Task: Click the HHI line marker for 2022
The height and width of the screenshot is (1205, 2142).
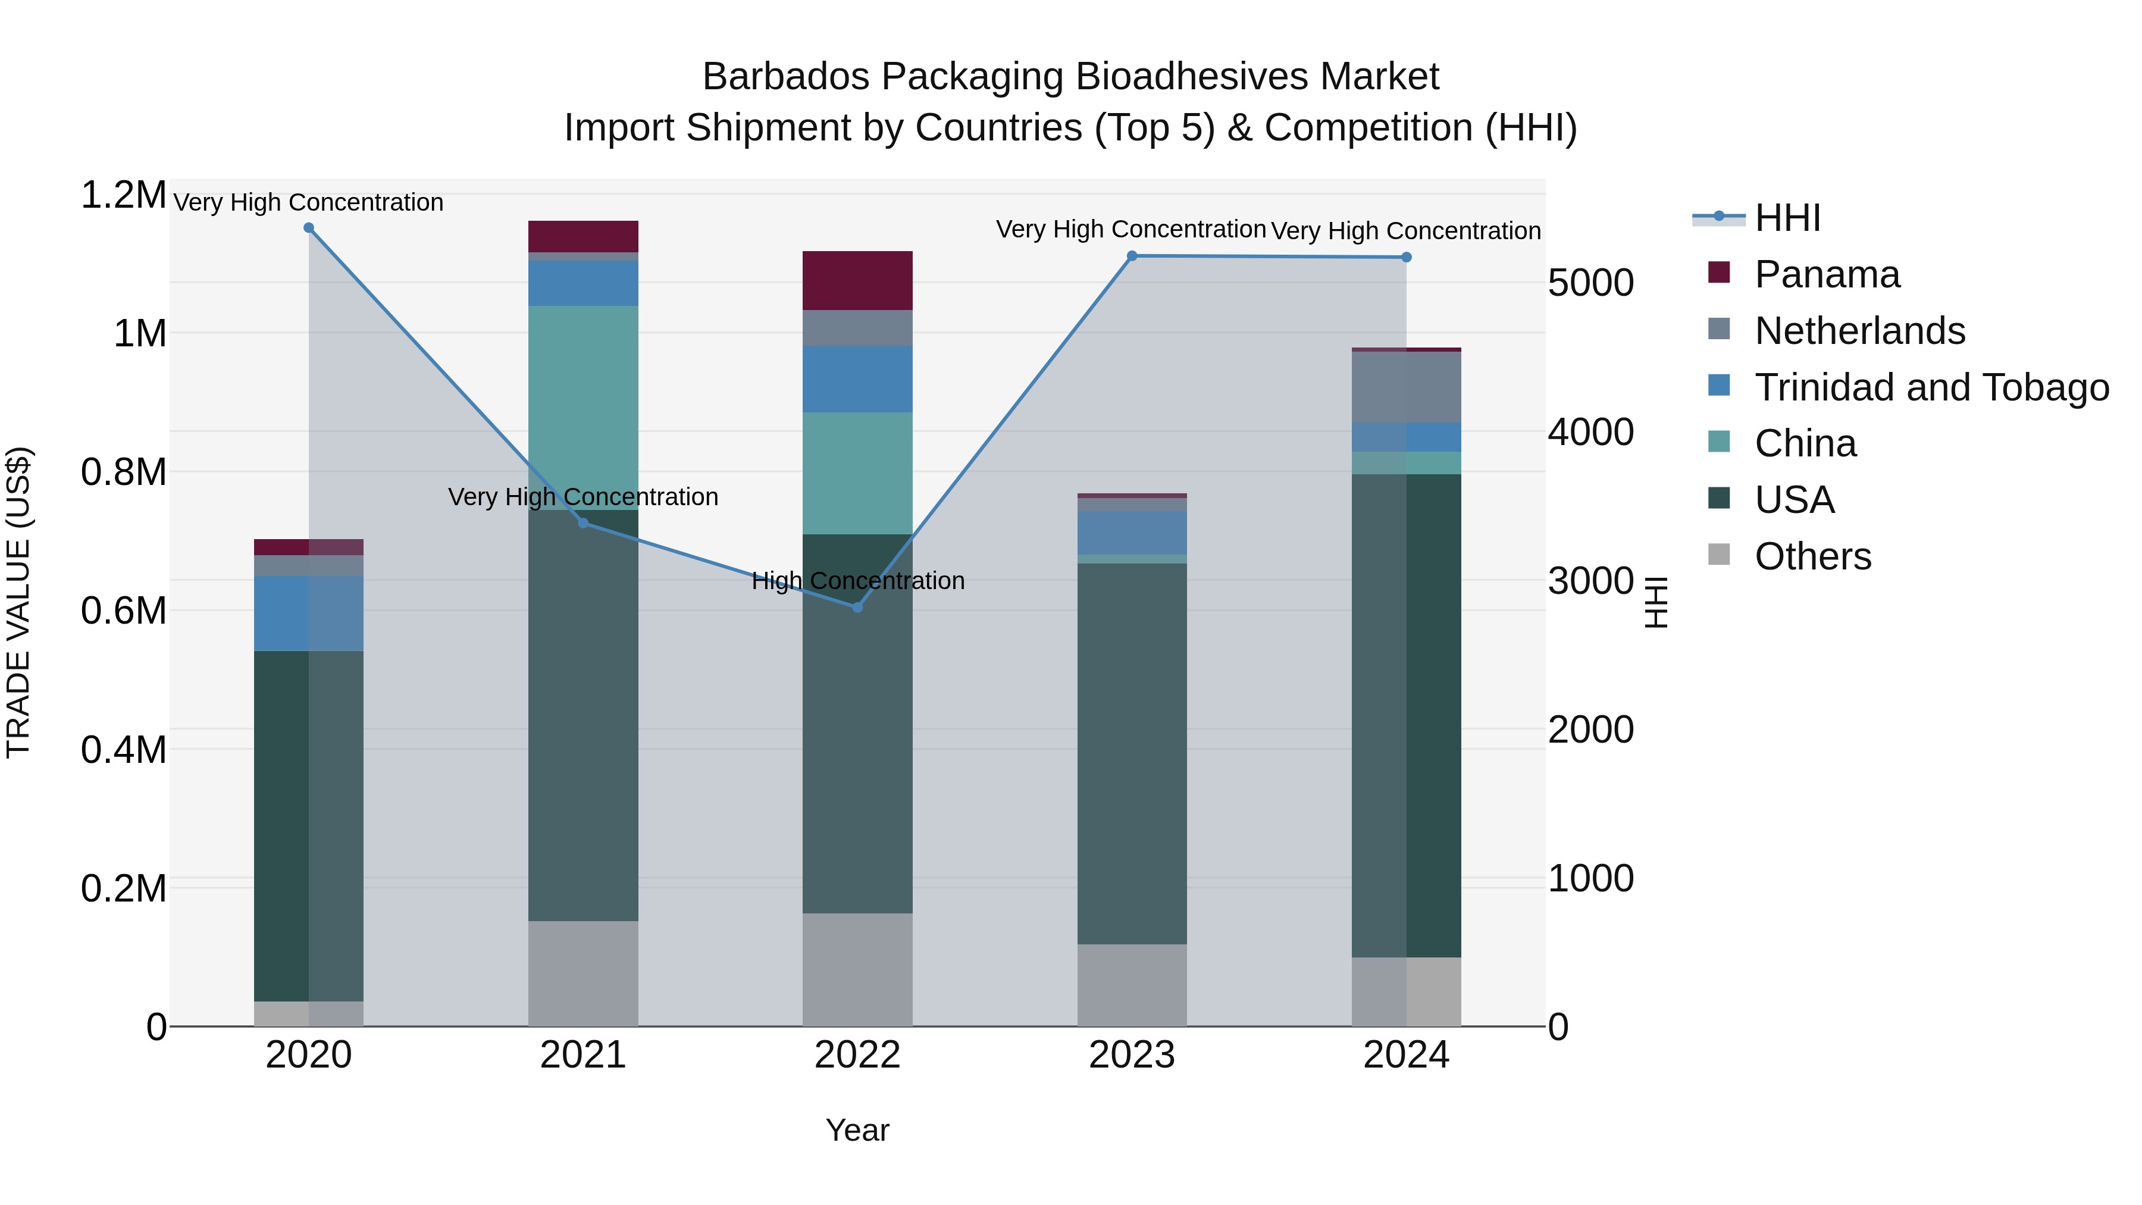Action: pos(857,607)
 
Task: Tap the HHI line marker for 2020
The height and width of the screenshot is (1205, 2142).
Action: pos(308,228)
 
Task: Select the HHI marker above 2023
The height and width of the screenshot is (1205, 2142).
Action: pos(1132,256)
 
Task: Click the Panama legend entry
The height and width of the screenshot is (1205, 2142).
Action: pos(1826,274)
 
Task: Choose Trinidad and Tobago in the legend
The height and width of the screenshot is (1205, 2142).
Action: pos(1931,387)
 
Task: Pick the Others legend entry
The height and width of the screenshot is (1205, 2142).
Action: pos(1813,556)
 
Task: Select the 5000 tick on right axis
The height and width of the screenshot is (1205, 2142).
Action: pos(1590,284)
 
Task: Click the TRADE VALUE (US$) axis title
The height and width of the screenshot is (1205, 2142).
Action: pos(18,602)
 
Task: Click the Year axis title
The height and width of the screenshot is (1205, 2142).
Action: pos(857,1130)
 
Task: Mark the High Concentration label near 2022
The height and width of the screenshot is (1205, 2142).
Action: pos(857,580)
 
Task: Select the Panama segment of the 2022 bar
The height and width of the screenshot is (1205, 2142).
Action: pos(857,280)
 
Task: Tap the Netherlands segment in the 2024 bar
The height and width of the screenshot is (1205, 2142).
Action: pos(1406,387)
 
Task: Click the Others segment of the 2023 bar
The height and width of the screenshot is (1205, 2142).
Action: pos(1132,985)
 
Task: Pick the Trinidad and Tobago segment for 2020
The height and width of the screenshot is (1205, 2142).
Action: pos(308,613)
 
